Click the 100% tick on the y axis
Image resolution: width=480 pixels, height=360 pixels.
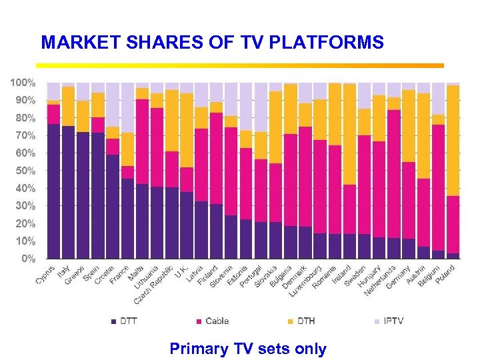pyautogui.click(x=22, y=83)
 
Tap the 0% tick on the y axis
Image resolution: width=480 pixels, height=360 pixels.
pyautogui.click(x=27, y=259)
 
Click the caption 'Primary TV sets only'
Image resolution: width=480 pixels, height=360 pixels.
pyautogui.click(x=248, y=349)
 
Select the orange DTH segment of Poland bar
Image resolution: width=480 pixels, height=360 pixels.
pyautogui.click(x=453, y=140)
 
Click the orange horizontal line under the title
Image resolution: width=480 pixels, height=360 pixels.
pyautogui.click(x=240, y=65)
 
